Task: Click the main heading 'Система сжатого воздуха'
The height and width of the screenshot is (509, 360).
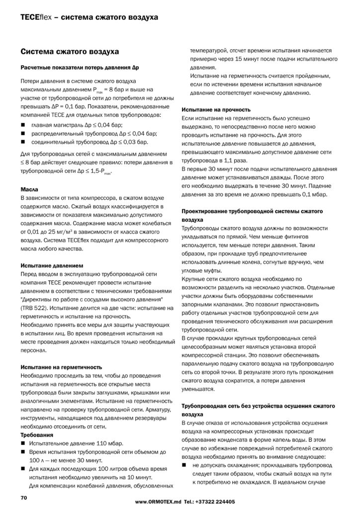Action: [69, 51]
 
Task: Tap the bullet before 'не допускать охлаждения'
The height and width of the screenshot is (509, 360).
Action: [184, 465]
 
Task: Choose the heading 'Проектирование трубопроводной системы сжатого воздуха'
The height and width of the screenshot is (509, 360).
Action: [253, 215]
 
